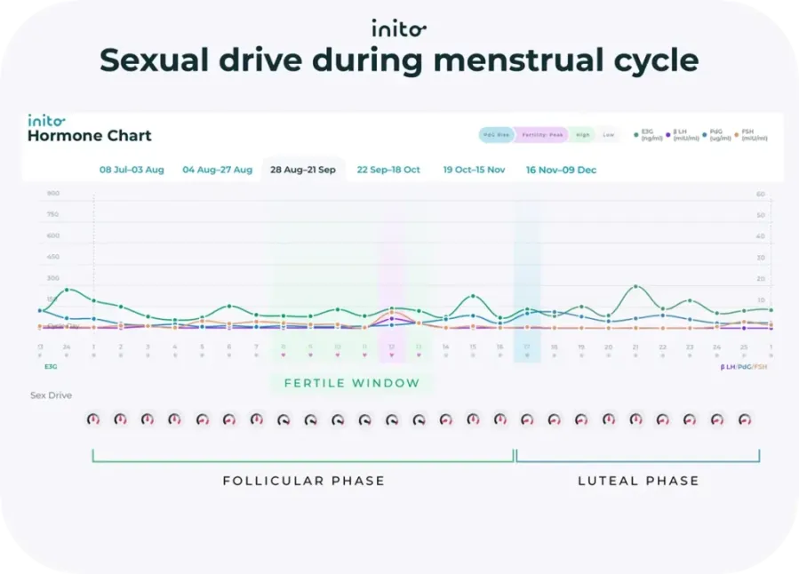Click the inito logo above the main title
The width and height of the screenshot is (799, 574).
(399, 28)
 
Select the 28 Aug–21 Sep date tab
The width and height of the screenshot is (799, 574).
(303, 170)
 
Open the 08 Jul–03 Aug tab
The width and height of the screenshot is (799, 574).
(132, 170)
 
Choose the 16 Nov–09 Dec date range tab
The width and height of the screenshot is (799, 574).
(561, 170)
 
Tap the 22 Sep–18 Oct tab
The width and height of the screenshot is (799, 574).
(388, 170)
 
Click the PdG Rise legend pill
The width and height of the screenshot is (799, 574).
(496, 135)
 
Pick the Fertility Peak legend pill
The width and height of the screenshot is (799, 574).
(541, 135)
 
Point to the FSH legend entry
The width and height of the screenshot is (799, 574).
(752, 135)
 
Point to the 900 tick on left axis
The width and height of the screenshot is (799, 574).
(52, 194)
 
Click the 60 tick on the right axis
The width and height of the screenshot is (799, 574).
(761, 194)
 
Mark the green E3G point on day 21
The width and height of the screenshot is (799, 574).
(635, 287)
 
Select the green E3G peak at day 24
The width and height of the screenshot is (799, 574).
(67, 290)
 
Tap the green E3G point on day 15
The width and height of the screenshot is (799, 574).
(473, 296)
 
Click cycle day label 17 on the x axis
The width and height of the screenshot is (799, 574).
(527, 347)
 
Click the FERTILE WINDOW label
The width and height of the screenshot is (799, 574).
(351, 383)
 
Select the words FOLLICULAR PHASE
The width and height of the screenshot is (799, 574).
(303, 481)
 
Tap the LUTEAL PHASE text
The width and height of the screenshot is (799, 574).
(638, 481)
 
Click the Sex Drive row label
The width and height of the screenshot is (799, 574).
(51, 395)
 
